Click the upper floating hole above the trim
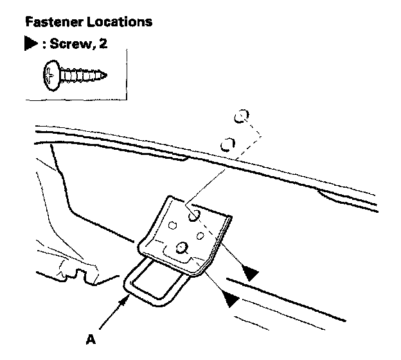(240, 116)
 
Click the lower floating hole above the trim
(227, 143)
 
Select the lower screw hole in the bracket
(183, 247)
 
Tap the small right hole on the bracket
(200, 236)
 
